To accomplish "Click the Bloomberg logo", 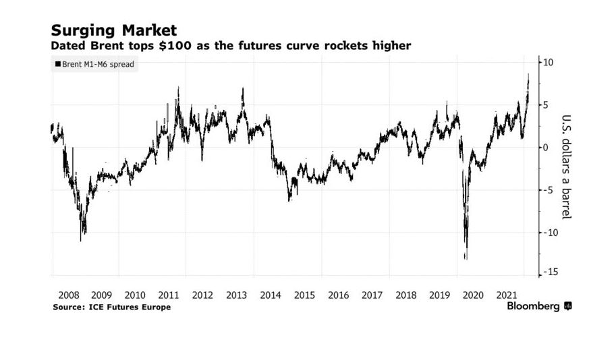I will (x=539, y=306).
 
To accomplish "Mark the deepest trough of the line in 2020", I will (x=466, y=258).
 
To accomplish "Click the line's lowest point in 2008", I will (x=81, y=240).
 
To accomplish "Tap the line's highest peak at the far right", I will (x=528, y=74).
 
